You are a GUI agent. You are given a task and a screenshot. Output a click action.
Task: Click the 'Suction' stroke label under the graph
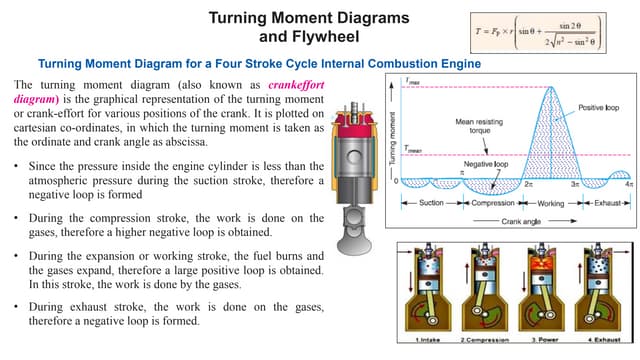[x=432, y=203]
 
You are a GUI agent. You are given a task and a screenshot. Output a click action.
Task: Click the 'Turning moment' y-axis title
[x=393, y=140]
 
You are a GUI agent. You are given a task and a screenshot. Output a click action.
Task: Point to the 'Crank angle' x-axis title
[x=520, y=219]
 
